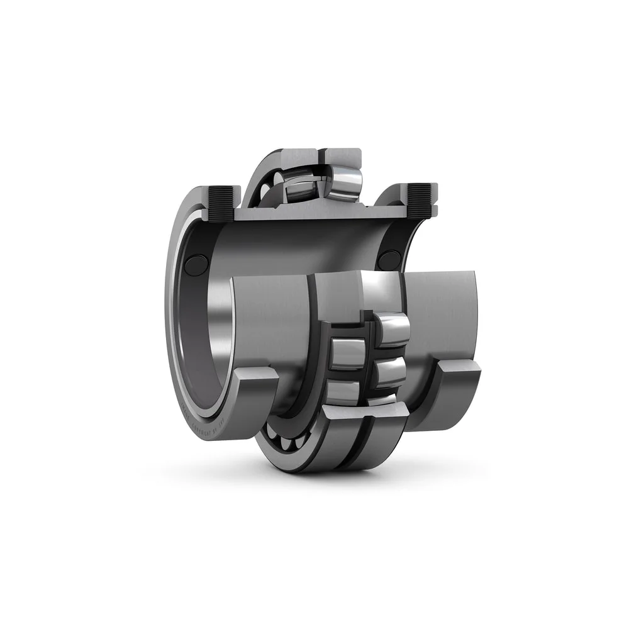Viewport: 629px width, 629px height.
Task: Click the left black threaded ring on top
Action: point(220,203)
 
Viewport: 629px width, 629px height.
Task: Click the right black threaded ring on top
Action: point(419,200)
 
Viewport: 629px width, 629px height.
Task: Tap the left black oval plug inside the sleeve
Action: point(196,265)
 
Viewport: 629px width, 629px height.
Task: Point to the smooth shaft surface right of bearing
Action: point(440,314)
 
